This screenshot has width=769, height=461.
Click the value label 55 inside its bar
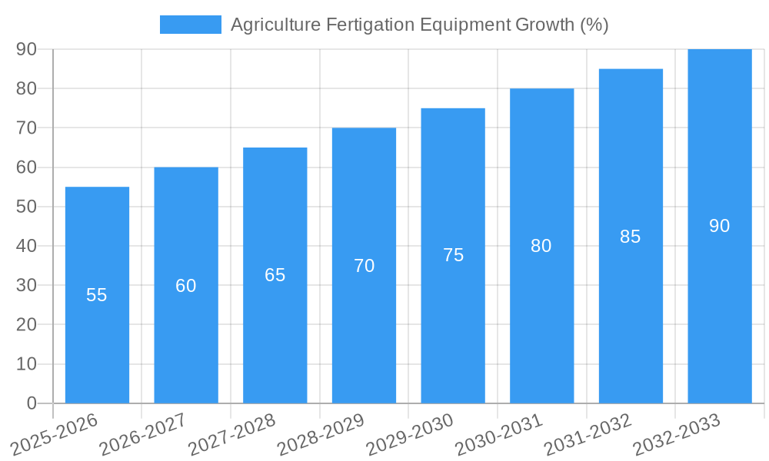97,295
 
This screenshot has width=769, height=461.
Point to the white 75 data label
453,255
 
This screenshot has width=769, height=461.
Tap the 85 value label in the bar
631,237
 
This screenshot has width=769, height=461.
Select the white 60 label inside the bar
186,286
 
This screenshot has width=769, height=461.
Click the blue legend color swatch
190,25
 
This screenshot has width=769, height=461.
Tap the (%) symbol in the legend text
594,25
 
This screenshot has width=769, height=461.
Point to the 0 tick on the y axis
32,403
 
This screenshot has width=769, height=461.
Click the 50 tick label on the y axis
27,207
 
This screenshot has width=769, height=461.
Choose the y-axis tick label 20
27,325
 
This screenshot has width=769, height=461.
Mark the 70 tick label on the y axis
27,128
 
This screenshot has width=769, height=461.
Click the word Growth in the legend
541,25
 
